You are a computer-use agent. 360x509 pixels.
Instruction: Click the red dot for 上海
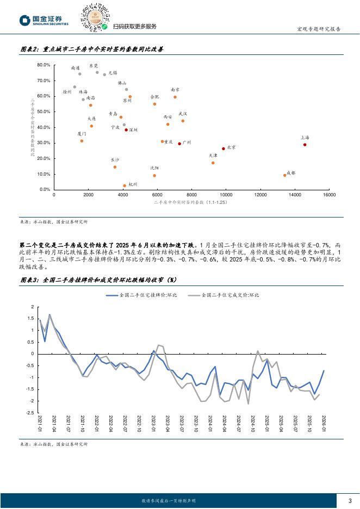click(305, 145)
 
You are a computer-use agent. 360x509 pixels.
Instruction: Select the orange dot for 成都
click(284, 175)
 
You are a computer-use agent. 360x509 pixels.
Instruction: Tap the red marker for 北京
click(224, 149)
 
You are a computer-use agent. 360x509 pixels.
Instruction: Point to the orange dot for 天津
click(213, 163)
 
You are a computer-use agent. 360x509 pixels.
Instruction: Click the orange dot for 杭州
click(125, 186)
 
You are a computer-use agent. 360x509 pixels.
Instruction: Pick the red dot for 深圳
click(126, 130)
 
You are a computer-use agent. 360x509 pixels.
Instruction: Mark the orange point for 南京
click(175, 97)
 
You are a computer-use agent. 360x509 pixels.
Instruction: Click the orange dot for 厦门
click(82, 141)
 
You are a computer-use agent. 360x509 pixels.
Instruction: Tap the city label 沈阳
click(154, 168)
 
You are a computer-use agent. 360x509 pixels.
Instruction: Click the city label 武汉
click(183, 114)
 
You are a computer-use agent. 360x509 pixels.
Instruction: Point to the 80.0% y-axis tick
click(44, 65)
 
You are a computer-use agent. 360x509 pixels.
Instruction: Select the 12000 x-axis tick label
click(260, 195)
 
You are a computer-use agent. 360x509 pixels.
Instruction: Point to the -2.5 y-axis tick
click(31, 413)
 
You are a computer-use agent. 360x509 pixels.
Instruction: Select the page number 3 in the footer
click(350, 500)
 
